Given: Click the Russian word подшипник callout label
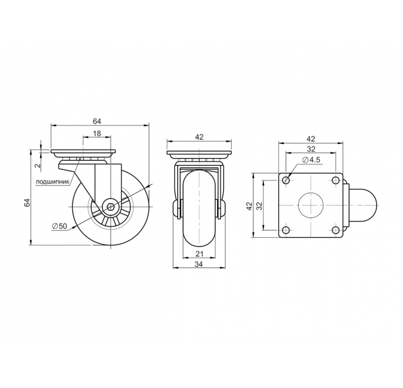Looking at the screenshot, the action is click(53, 182).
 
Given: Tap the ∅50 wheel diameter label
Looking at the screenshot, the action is click(59, 226).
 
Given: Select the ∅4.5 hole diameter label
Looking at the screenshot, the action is click(312, 160).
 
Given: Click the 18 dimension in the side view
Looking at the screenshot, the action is click(97, 133).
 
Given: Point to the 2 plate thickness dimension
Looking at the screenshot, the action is click(38, 166).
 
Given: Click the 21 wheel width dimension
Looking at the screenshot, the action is click(200, 254).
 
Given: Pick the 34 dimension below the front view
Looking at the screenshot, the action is click(199, 264).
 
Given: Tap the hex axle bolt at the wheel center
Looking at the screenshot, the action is click(111, 206).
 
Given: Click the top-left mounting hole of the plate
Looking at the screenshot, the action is click(286, 180).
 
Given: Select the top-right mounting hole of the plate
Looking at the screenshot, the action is click(335, 180).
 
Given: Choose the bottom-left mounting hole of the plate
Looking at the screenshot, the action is click(286, 229).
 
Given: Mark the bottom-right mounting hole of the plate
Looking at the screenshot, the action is click(335, 229).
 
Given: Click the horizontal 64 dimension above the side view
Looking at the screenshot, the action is click(97, 121).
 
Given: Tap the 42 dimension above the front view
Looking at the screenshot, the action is click(199, 137).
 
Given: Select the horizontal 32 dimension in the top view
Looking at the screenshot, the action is click(311, 149).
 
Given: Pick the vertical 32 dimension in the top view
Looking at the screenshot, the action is click(260, 206).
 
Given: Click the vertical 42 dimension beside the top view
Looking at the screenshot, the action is click(249, 206).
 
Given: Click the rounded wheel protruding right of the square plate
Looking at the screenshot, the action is click(363, 205).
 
